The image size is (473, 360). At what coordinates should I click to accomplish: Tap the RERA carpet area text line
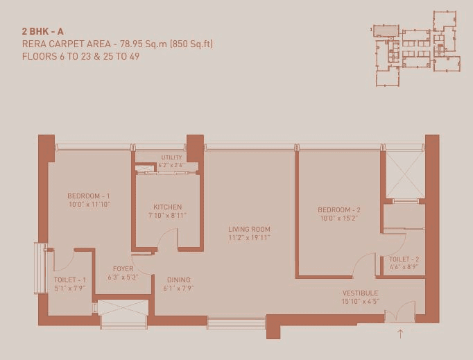coord(117,44)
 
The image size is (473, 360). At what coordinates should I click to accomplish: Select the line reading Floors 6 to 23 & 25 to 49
coord(80,56)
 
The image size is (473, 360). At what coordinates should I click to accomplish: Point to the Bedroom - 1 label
coord(89,196)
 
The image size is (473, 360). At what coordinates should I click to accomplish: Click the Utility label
coord(171,158)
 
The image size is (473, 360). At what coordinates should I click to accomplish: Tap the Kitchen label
coord(168,207)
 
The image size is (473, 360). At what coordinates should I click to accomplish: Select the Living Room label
coord(250,229)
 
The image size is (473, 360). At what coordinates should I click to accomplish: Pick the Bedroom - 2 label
coord(339,209)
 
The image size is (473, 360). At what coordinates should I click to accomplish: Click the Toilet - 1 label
coord(69,280)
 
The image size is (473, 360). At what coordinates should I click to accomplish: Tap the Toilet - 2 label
coord(404,259)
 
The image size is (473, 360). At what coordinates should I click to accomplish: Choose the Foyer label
coord(123,269)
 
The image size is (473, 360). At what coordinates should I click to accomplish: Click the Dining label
coord(178,280)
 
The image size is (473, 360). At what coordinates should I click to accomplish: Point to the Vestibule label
coord(361,293)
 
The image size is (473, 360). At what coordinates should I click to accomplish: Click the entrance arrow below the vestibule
coord(400,334)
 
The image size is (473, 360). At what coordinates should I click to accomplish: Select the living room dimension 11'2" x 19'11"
coord(250,237)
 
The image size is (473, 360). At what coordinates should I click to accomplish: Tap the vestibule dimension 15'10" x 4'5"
coord(361,301)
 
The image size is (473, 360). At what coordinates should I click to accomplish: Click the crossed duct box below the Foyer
coord(123,308)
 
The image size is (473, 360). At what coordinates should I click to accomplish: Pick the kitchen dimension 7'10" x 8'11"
coord(168,215)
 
